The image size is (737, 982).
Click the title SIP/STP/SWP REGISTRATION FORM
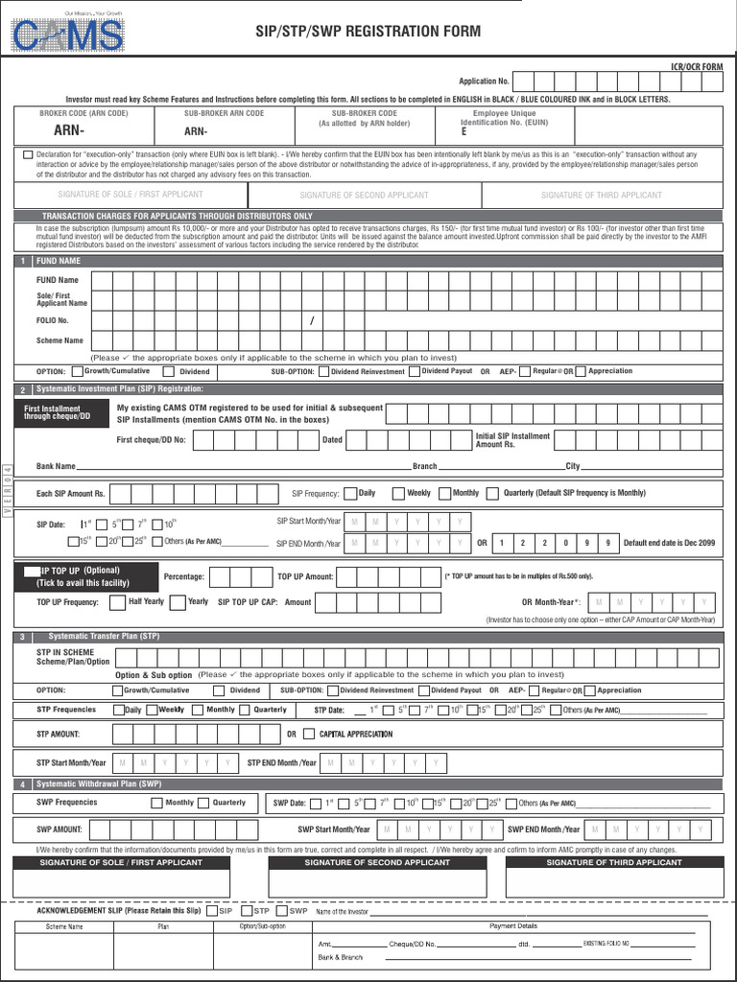368,32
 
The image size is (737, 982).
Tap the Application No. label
484,82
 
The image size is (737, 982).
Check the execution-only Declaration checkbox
27,154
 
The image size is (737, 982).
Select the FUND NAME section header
59,261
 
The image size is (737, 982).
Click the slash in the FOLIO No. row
312,320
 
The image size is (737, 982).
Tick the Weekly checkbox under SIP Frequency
397,493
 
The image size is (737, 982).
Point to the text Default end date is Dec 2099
669,543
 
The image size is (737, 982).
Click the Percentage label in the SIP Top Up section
184,577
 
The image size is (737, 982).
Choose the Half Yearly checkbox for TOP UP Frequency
118,602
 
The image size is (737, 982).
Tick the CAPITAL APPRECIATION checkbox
308,735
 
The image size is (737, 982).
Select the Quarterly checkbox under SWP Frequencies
203,803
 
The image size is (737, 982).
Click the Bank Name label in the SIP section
56,466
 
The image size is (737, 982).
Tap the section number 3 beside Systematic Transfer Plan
21,637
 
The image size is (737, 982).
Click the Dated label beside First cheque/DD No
332,439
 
